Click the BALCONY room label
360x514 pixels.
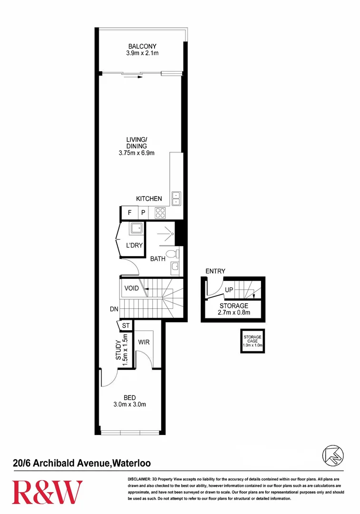click(x=142, y=46)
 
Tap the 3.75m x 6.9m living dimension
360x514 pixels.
click(x=136, y=153)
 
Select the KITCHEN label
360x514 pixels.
click(x=149, y=198)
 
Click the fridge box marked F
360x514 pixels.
click(x=129, y=213)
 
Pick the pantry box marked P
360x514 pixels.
click(x=143, y=213)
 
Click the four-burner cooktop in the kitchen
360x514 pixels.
click(x=160, y=213)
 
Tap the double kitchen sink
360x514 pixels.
click(x=176, y=198)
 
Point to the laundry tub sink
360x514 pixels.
click(x=137, y=228)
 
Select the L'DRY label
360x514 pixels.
click(x=134, y=246)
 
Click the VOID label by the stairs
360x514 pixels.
click(x=132, y=288)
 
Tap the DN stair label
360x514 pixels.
click(x=114, y=309)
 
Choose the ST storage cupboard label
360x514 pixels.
click(x=126, y=326)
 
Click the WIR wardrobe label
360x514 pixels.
click(x=144, y=342)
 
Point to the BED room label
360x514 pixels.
click(x=129, y=398)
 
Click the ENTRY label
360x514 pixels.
click(x=215, y=271)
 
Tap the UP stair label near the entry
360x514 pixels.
click(x=228, y=289)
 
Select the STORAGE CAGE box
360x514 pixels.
click(x=253, y=341)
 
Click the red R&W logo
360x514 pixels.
click(x=47, y=492)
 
